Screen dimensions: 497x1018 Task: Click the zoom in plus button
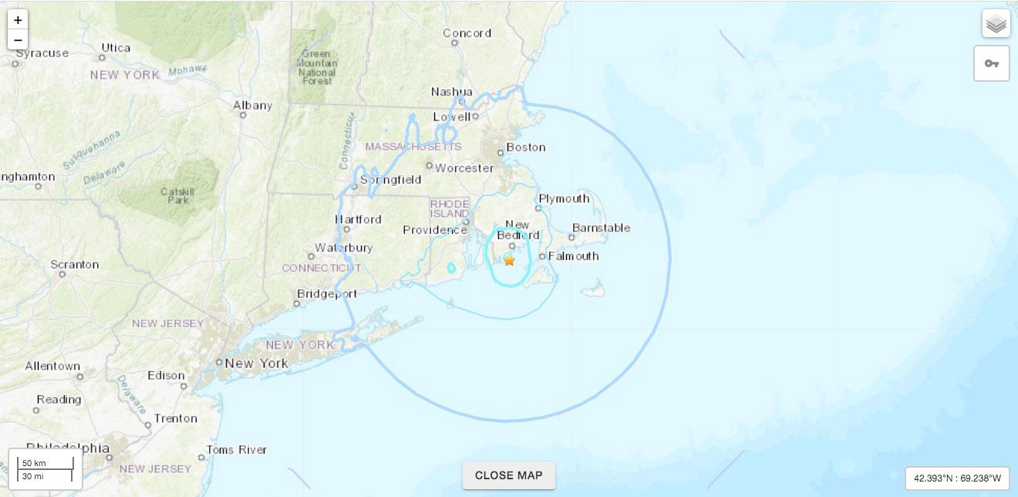(18, 20)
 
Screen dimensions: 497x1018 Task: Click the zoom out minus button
(18, 40)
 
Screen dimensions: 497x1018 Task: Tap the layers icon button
(996, 24)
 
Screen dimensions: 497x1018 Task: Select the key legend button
(991, 63)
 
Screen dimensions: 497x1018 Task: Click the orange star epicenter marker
(509, 261)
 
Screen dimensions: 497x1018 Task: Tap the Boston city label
(525, 147)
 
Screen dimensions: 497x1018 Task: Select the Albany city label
(253, 106)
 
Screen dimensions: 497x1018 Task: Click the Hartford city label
(358, 219)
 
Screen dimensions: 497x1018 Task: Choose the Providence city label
(434, 230)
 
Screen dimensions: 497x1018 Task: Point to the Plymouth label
(564, 198)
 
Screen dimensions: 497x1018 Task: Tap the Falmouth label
(573, 256)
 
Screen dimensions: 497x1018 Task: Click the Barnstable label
(601, 228)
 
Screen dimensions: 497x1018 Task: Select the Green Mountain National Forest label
(317, 67)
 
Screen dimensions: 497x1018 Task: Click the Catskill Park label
(174, 195)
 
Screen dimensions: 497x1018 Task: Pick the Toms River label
(236, 450)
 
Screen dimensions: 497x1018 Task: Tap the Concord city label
(467, 33)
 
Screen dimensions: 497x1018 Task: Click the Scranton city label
(75, 265)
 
